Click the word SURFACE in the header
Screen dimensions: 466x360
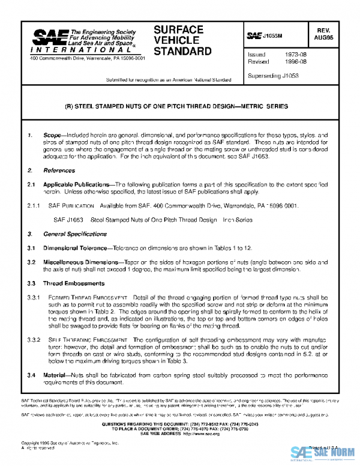[178, 29]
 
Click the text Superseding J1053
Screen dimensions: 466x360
[273, 76]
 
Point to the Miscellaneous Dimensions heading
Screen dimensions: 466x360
[81, 262]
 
